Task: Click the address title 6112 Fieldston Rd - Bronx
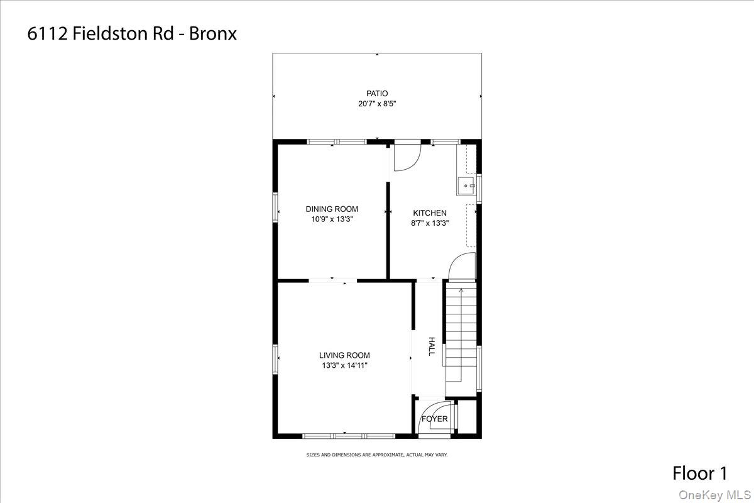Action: point(132,33)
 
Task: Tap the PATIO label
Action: point(377,94)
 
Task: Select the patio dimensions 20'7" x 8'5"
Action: point(377,104)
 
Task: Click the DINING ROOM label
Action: point(332,209)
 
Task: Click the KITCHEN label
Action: point(430,213)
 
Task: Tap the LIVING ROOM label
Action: point(344,355)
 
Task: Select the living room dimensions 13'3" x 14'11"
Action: point(344,365)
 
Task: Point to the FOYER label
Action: point(434,419)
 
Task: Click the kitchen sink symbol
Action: point(466,186)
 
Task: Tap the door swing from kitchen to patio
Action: point(406,158)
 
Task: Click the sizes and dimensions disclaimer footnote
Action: point(376,455)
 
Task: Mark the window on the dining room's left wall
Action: point(275,207)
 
